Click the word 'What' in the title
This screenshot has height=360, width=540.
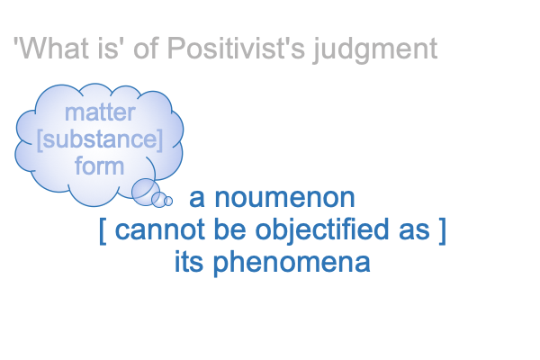(x=53, y=49)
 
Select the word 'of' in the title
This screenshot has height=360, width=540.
(x=146, y=49)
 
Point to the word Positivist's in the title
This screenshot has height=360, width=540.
(x=236, y=49)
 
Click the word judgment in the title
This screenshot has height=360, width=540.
(x=375, y=50)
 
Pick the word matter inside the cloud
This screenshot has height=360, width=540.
(x=100, y=112)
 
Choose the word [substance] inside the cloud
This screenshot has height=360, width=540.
(x=100, y=139)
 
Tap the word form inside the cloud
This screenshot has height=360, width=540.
(x=99, y=166)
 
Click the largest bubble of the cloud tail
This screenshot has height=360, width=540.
(x=145, y=192)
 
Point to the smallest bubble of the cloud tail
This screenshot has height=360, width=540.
(x=168, y=201)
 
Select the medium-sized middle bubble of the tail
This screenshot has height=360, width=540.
(x=159, y=200)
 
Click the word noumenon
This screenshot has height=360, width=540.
(x=284, y=198)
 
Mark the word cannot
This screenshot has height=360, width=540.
(x=159, y=230)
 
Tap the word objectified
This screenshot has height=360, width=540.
(x=323, y=230)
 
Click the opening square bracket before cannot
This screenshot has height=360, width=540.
(x=103, y=230)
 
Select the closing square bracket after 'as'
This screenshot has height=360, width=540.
(x=443, y=230)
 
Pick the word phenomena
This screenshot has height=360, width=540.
(x=292, y=263)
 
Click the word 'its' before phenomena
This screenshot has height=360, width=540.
(x=189, y=262)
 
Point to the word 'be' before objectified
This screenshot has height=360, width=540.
(x=229, y=229)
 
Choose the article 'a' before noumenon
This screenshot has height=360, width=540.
(x=197, y=199)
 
